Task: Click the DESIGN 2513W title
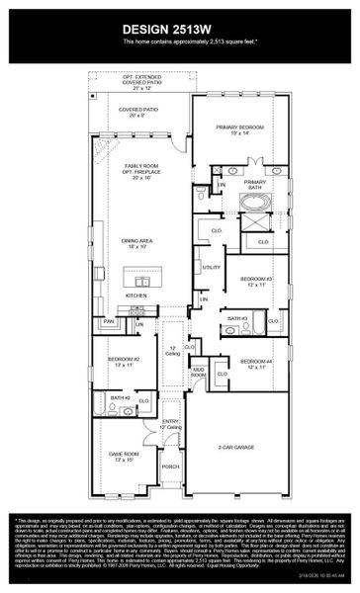point(180,28)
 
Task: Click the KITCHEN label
point(135,296)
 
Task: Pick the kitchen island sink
point(143,281)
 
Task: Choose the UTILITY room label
point(211,268)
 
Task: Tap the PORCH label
point(171,466)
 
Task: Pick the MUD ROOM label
point(198,374)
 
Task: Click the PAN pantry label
point(109,321)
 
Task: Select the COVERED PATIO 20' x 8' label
point(138,112)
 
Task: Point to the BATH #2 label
point(121,397)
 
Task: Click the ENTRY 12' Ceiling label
point(171,425)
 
